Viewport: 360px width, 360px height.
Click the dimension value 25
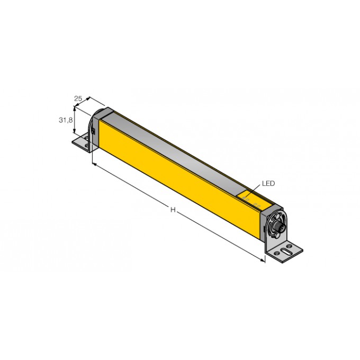coord(78,98)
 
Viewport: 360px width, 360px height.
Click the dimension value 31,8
coord(65,120)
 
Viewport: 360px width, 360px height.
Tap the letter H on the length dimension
coord(173,210)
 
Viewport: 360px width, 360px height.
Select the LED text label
coord(268,184)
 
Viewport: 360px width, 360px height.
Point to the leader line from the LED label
coord(255,189)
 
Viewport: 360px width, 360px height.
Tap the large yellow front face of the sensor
coord(180,180)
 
